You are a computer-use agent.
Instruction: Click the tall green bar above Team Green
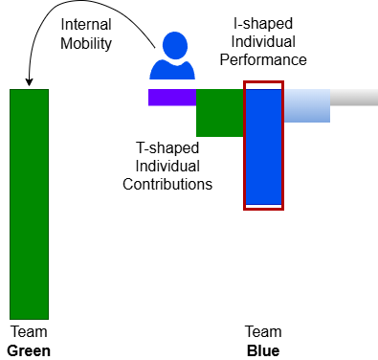pos(29,204)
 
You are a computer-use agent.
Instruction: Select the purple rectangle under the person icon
pos(172,98)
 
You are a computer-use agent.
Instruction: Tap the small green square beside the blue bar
pos(220,113)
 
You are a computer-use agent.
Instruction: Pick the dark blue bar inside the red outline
pos(263,146)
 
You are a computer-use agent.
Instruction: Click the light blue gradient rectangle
pos(307,105)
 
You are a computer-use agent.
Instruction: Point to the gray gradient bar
pos(354,98)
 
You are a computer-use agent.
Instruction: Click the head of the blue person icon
pos(175,45)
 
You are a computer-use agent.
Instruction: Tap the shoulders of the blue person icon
pos(172,70)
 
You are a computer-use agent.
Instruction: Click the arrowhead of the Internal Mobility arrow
pos(29,82)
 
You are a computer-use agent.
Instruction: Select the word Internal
pos(86,25)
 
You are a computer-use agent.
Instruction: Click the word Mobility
pos(86,43)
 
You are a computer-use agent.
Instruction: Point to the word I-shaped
pos(263,24)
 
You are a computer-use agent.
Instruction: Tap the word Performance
pos(263,59)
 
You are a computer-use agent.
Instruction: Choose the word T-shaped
pos(167,148)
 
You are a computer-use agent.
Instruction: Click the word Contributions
pos(167,184)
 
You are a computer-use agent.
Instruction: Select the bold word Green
pos(29,351)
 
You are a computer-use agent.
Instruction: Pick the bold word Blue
pos(263,351)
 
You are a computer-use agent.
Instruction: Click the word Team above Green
pos(29,332)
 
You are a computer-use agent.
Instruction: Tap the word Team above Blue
pos(263,332)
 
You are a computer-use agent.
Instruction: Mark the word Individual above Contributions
pos(167,166)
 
